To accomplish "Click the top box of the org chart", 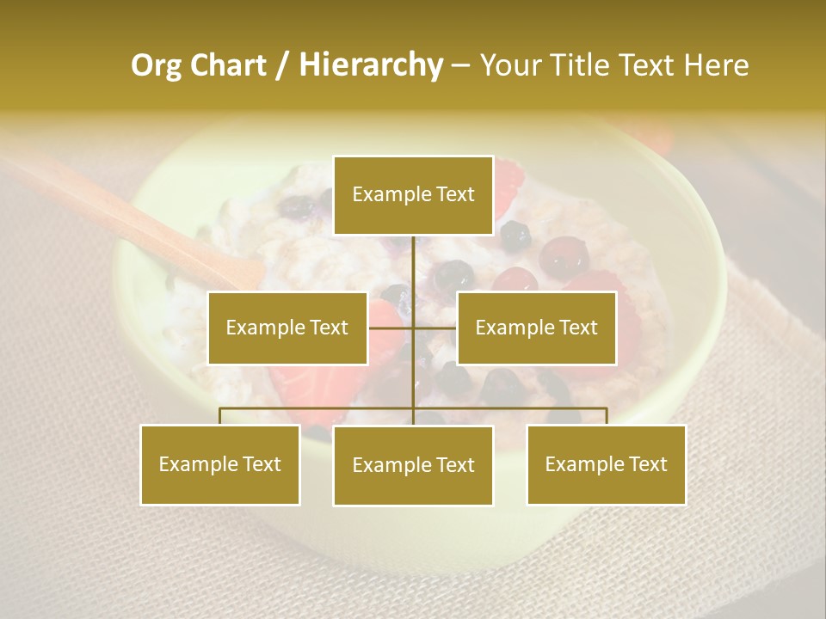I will [413, 195].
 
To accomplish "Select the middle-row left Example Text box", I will [287, 328].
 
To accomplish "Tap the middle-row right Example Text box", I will [536, 328].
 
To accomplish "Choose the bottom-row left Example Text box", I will [220, 464].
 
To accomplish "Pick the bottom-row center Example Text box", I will [413, 465].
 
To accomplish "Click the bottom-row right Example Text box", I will [606, 464].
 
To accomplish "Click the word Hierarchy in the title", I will [371, 65].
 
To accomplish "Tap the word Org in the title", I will [156, 65].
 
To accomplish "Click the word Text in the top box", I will [454, 194].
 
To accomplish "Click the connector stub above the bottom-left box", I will [220, 416].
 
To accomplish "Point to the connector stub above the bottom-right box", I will [607, 416].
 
